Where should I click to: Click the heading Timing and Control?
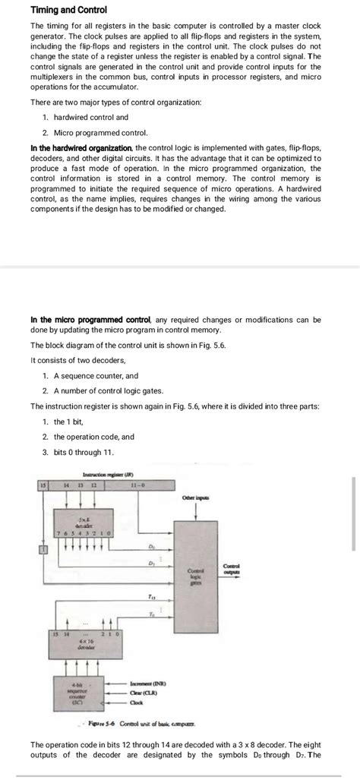(x=68, y=10)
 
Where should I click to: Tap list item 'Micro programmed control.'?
(x=95, y=133)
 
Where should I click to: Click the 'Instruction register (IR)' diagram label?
(x=107, y=474)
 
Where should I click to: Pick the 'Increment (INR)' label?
(x=153, y=683)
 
